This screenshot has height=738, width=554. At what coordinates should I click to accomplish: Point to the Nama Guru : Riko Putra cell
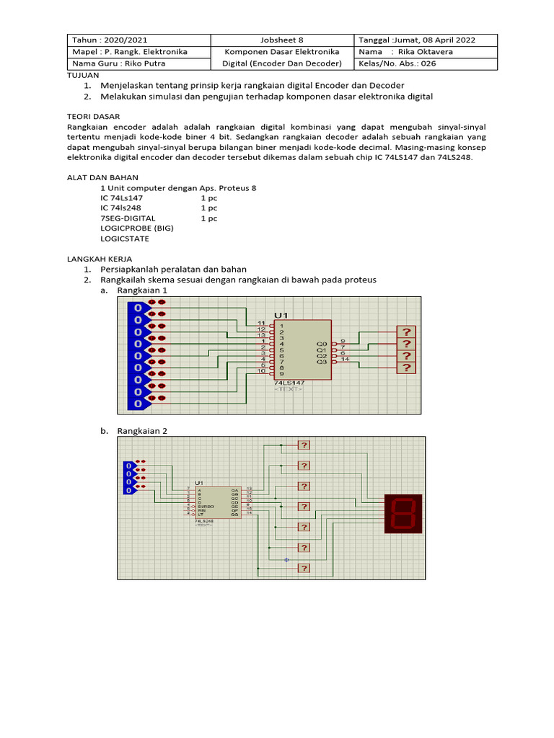click(115, 63)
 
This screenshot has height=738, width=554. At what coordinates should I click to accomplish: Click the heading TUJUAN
click(82, 75)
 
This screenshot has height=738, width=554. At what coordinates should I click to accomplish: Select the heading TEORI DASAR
click(93, 116)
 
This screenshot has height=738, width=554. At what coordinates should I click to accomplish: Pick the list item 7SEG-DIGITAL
click(128, 218)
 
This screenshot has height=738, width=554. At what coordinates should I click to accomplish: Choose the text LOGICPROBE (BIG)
click(137, 228)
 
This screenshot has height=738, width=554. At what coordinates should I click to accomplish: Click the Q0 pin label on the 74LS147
click(322, 344)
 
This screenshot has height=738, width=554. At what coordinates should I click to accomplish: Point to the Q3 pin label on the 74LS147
click(322, 362)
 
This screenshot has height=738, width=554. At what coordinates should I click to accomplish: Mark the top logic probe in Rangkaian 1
click(407, 332)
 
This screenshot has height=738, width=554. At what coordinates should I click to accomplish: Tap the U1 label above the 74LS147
click(281, 316)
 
